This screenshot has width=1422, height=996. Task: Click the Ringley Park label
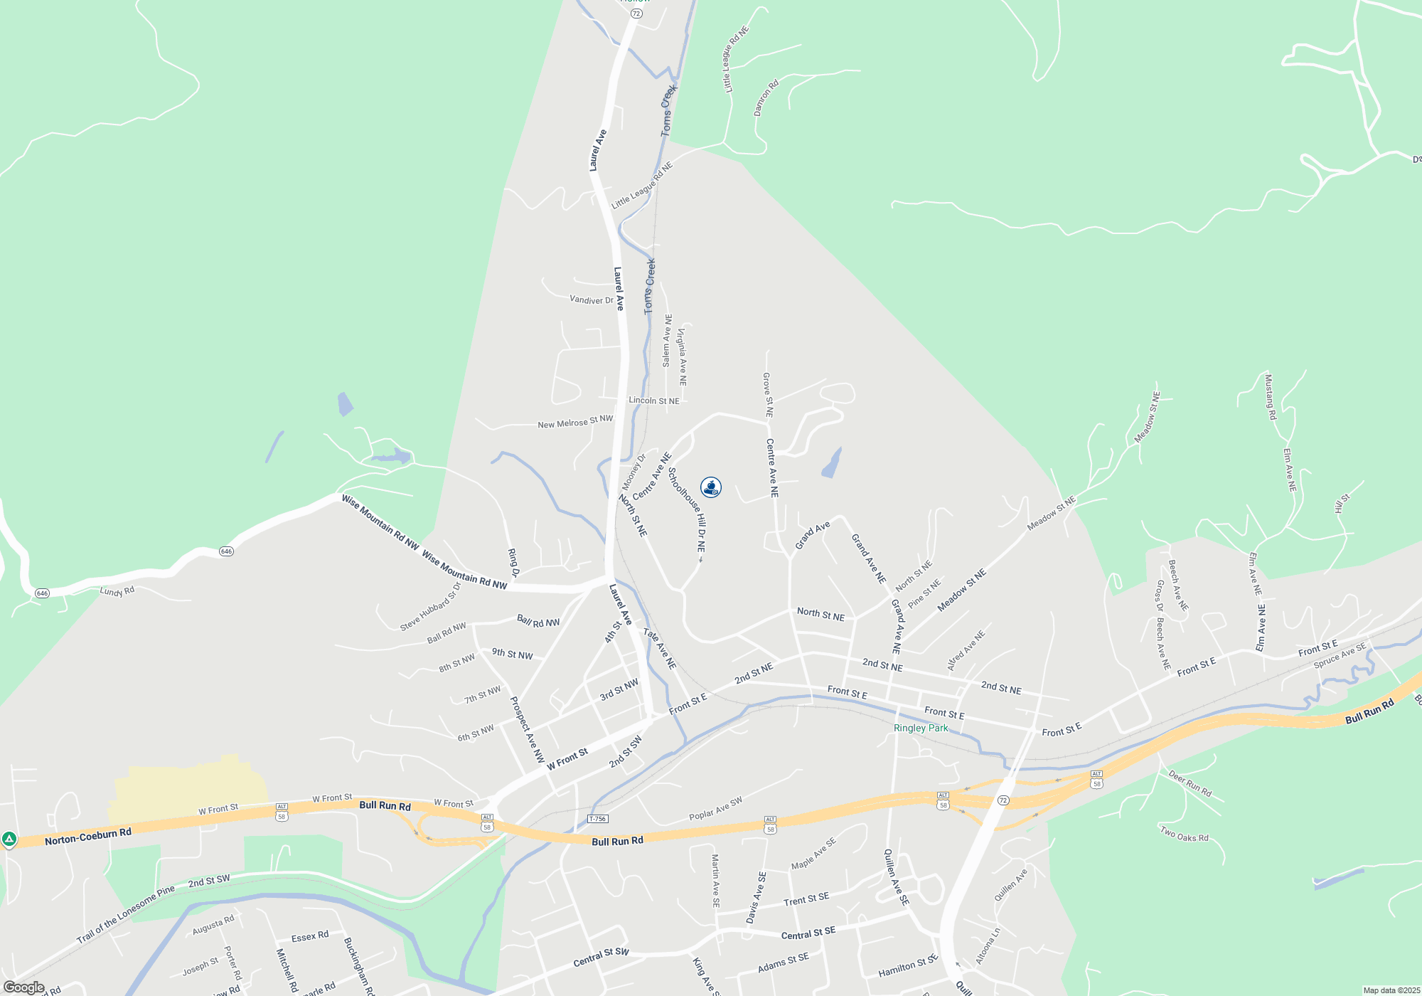(x=921, y=728)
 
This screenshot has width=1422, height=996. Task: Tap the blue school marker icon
(x=711, y=487)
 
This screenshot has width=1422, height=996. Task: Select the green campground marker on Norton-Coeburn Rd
(x=9, y=840)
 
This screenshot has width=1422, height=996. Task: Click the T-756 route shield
(x=597, y=819)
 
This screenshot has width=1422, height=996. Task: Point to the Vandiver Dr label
(x=591, y=300)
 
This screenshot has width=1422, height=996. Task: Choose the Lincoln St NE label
(x=653, y=401)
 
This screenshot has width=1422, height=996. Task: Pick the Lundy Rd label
(x=117, y=591)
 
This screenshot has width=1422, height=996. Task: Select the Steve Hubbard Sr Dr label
(x=430, y=607)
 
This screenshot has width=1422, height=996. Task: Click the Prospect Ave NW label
(x=528, y=729)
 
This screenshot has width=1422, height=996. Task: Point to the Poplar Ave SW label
(x=715, y=808)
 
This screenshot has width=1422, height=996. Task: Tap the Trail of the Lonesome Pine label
(x=125, y=915)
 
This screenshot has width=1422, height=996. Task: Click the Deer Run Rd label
(x=1190, y=783)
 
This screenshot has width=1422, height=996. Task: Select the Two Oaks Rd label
(x=1184, y=834)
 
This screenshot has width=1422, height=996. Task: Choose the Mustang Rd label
(x=1270, y=397)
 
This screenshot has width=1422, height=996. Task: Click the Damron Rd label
(x=766, y=98)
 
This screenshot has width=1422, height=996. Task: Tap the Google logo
(x=23, y=987)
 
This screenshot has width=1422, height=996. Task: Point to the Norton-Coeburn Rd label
(x=87, y=837)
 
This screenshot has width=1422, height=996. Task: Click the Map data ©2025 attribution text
(x=1391, y=990)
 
